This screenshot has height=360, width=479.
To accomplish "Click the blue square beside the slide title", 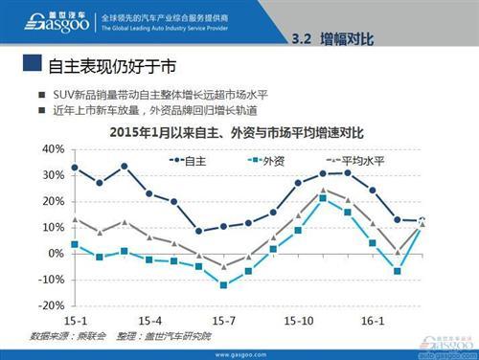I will click(31, 65).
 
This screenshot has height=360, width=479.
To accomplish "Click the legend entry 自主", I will click(191, 160).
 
